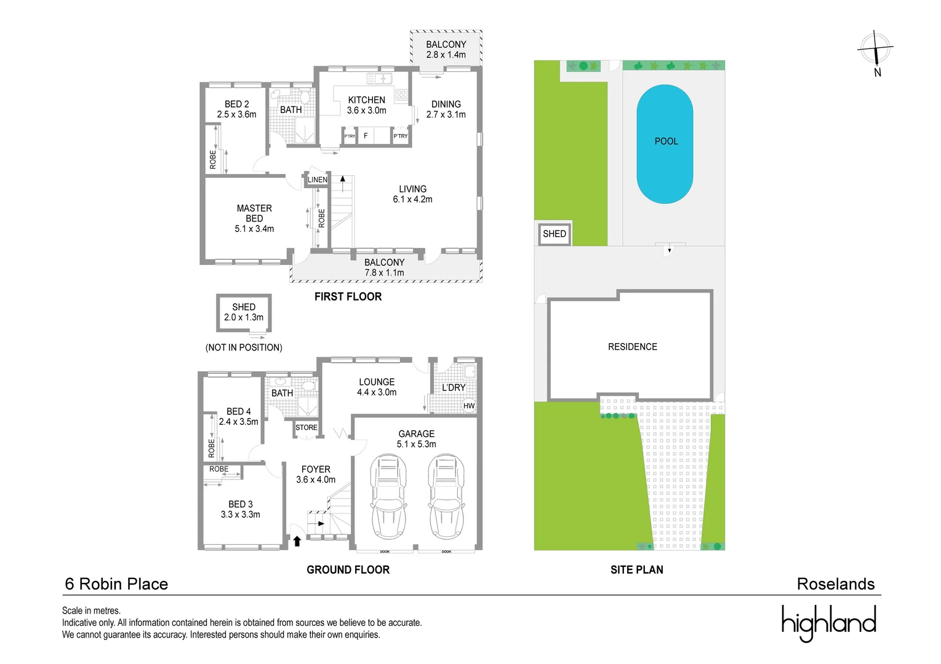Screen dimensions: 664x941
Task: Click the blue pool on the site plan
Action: [665, 144]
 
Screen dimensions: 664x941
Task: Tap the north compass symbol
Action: [875, 51]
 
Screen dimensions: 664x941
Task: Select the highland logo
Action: [828, 622]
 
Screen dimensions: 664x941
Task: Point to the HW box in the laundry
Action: [469, 406]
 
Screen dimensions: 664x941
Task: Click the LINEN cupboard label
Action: [318, 180]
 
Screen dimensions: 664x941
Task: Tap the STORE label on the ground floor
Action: [306, 427]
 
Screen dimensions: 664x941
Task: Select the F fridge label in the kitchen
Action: [366, 136]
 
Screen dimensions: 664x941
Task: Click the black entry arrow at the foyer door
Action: [297, 541]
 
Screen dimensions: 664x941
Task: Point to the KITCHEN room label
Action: [366, 100]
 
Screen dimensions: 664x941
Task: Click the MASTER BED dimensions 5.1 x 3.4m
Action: [254, 229]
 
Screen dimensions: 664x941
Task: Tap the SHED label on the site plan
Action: [554, 234]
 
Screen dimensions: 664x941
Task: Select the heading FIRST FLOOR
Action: [348, 296]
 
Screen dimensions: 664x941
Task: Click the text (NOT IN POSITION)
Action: [244, 347]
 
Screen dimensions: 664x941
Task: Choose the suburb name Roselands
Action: [835, 583]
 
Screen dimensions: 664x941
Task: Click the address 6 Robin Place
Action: [116, 583]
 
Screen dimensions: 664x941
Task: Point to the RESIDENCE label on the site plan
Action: [632, 347]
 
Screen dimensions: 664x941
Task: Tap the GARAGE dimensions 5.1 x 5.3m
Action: [416, 444]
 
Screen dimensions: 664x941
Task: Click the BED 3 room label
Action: [240, 504]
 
